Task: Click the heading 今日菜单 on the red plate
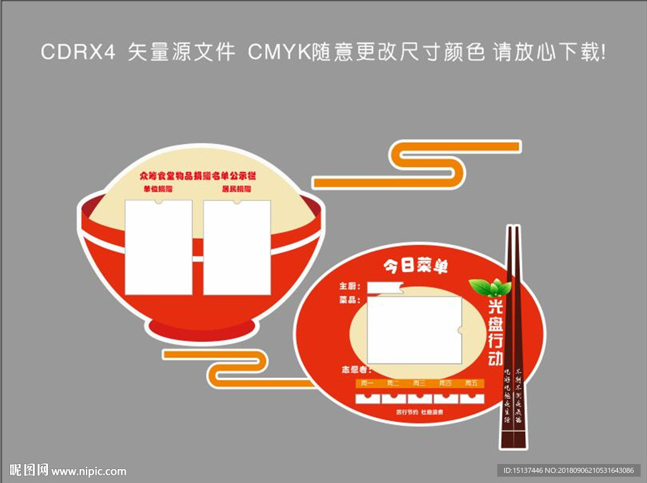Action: pyautogui.click(x=416, y=267)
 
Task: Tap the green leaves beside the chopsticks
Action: pyautogui.click(x=490, y=288)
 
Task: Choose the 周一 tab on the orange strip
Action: pyautogui.click(x=366, y=383)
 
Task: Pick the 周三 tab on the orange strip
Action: pyautogui.click(x=419, y=383)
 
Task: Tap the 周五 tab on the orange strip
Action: pyautogui.click(x=471, y=383)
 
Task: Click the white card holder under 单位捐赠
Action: pyautogui.click(x=158, y=247)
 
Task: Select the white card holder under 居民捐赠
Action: pyautogui.click(x=237, y=247)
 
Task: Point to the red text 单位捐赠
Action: pyautogui.click(x=158, y=189)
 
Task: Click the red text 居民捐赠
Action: pyautogui.click(x=236, y=189)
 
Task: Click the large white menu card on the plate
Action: pyautogui.click(x=414, y=329)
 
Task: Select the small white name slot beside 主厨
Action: pyautogui.click(x=385, y=288)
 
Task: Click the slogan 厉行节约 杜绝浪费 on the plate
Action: pyautogui.click(x=420, y=412)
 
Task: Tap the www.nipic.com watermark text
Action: pyautogui.click(x=88, y=471)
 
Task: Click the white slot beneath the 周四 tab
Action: pyautogui.click(x=445, y=398)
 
